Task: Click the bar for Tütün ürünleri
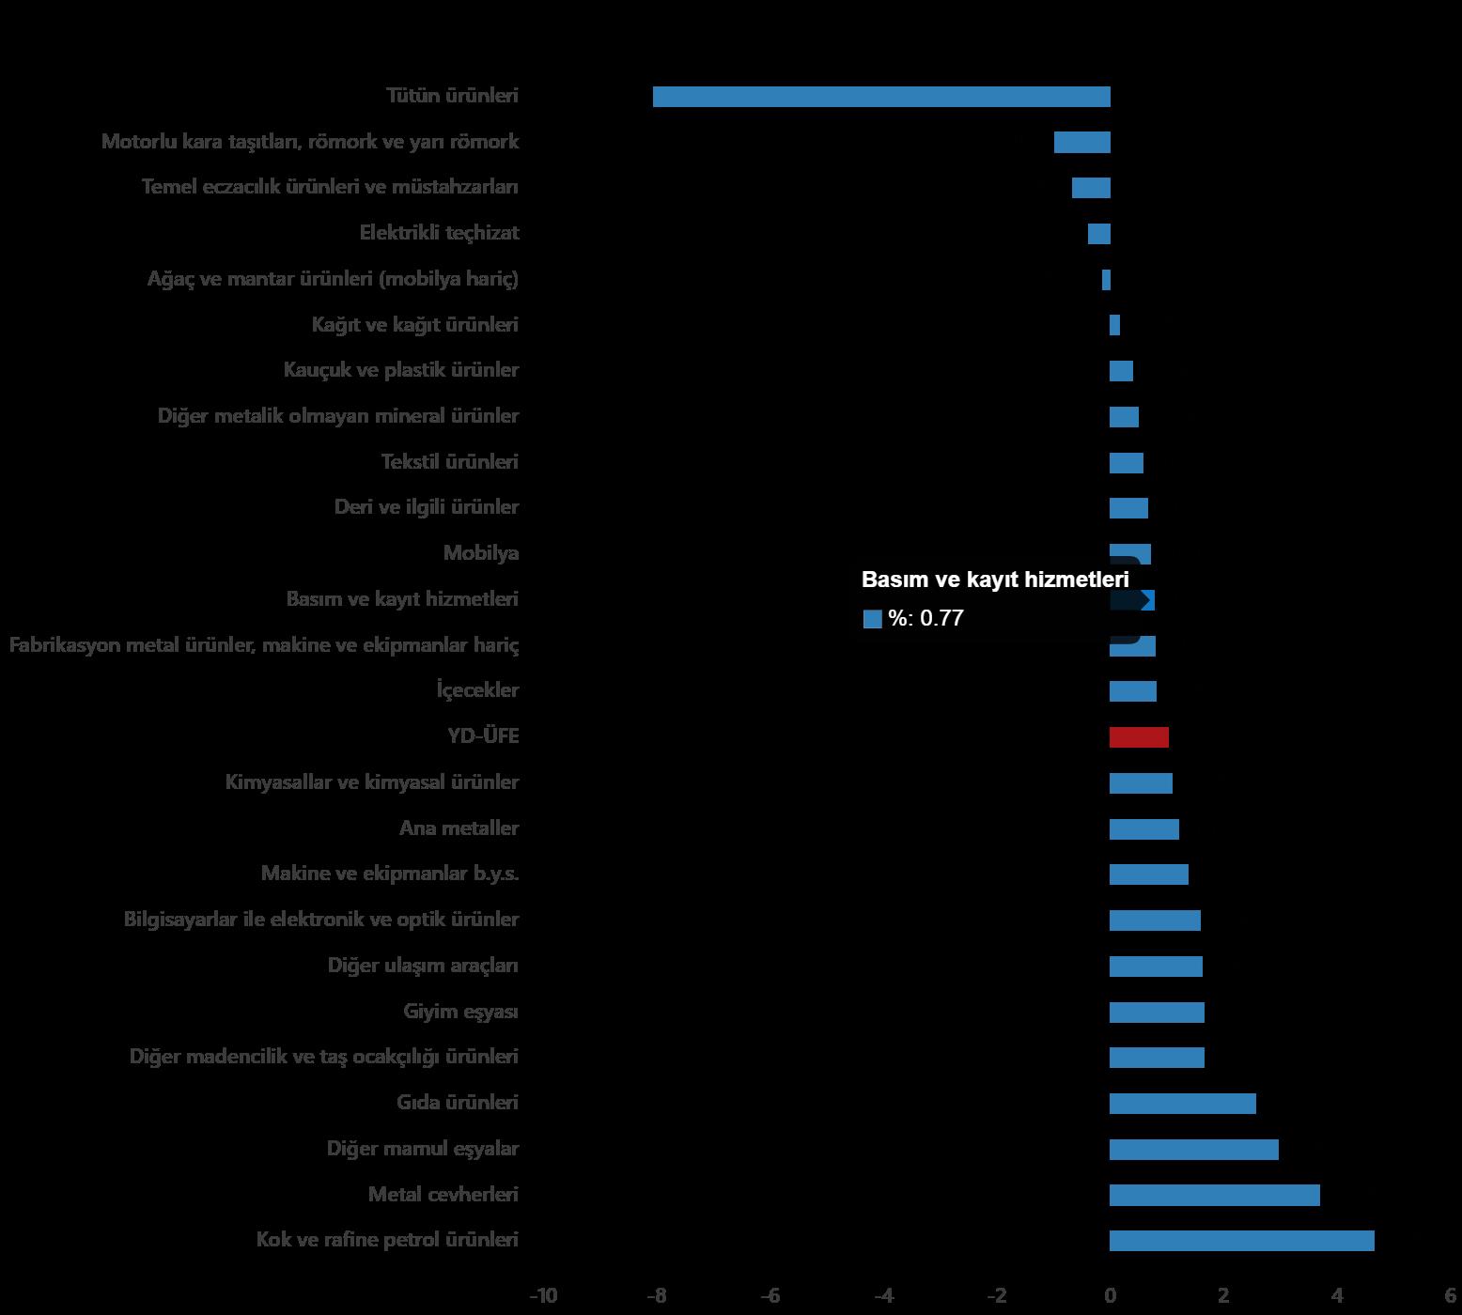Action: pos(881,97)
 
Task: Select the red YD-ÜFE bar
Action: pos(1139,737)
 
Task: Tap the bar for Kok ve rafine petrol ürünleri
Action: pos(1241,1241)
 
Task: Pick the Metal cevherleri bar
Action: pos(1214,1195)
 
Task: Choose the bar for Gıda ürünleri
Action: pos(1182,1104)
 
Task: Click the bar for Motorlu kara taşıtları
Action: pos(1081,143)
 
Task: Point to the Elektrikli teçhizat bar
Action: pos(1098,234)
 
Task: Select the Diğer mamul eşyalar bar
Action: pos(1193,1150)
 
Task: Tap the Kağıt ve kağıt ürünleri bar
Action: pos(1114,325)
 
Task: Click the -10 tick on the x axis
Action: pos(543,1296)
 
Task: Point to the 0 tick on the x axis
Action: pos(1110,1296)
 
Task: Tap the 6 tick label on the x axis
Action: pos(1450,1296)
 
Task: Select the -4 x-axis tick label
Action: pos(883,1296)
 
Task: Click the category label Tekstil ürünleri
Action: pos(449,462)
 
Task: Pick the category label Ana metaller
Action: pos(459,828)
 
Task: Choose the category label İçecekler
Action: pos(477,690)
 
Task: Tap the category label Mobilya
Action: pos(481,553)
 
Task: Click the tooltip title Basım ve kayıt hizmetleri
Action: pos(995,580)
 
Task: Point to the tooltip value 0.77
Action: pos(941,618)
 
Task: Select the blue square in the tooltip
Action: pos(872,619)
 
